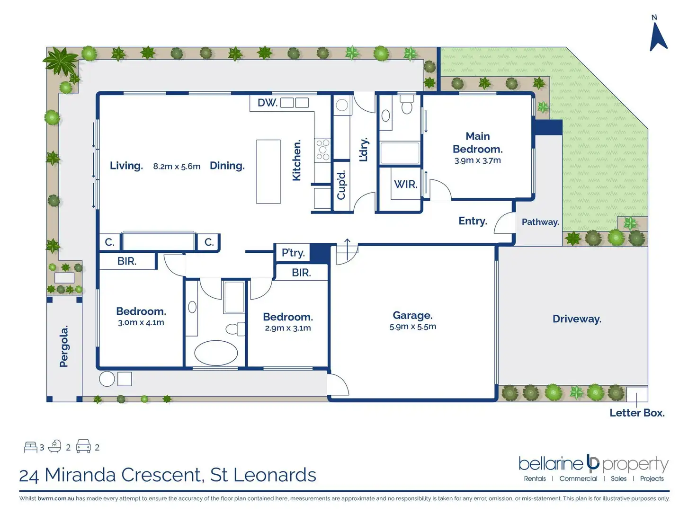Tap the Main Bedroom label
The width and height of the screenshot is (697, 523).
point(477,142)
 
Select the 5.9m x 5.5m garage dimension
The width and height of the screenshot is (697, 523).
point(412,327)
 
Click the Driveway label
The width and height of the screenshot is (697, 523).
point(577,319)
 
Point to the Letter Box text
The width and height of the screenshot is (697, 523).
point(637,413)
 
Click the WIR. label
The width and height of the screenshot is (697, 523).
point(405,184)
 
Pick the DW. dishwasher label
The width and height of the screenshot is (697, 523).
point(268,103)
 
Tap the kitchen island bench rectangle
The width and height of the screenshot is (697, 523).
point(268,172)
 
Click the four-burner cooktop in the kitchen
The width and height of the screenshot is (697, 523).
point(322,150)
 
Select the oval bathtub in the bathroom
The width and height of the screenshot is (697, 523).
point(216,353)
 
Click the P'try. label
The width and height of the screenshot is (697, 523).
point(293,253)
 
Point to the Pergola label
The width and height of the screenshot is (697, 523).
point(64,346)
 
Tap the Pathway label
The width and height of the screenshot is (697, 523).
point(540,222)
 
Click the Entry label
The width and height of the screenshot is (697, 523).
point(473,221)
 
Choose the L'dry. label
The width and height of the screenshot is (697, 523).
point(363,150)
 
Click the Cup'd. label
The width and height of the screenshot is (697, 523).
point(341,185)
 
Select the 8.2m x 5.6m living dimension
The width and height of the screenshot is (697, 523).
point(177,166)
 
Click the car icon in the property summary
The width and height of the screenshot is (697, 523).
point(83,446)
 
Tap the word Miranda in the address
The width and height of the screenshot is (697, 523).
point(80,475)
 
